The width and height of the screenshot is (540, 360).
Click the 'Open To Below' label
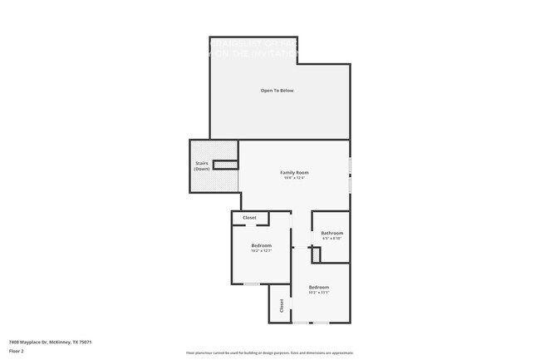(277, 90)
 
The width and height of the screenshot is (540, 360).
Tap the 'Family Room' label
(294, 172)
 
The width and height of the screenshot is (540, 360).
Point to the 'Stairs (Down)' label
(202, 166)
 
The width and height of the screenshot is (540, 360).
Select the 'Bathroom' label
(332, 233)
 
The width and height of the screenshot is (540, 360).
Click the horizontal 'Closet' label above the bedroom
(249, 218)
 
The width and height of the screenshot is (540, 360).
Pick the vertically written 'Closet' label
(282, 305)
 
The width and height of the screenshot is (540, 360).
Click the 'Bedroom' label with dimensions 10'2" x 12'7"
(261, 245)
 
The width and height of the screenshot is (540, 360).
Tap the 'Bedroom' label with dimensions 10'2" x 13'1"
(319, 287)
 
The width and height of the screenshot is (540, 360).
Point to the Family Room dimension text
(294, 178)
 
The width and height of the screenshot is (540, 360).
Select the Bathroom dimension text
(332, 238)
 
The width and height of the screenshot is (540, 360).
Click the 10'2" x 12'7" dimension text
(261, 250)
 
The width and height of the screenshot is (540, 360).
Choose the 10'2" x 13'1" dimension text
(319, 293)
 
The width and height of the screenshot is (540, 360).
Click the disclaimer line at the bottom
(269, 353)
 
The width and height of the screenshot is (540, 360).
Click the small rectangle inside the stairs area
(225, 165)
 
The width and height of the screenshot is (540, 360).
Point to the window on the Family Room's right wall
(350, 175)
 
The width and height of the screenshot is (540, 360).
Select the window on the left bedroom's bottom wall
(251, 284)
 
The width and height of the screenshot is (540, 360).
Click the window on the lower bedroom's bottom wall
(317, 323)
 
